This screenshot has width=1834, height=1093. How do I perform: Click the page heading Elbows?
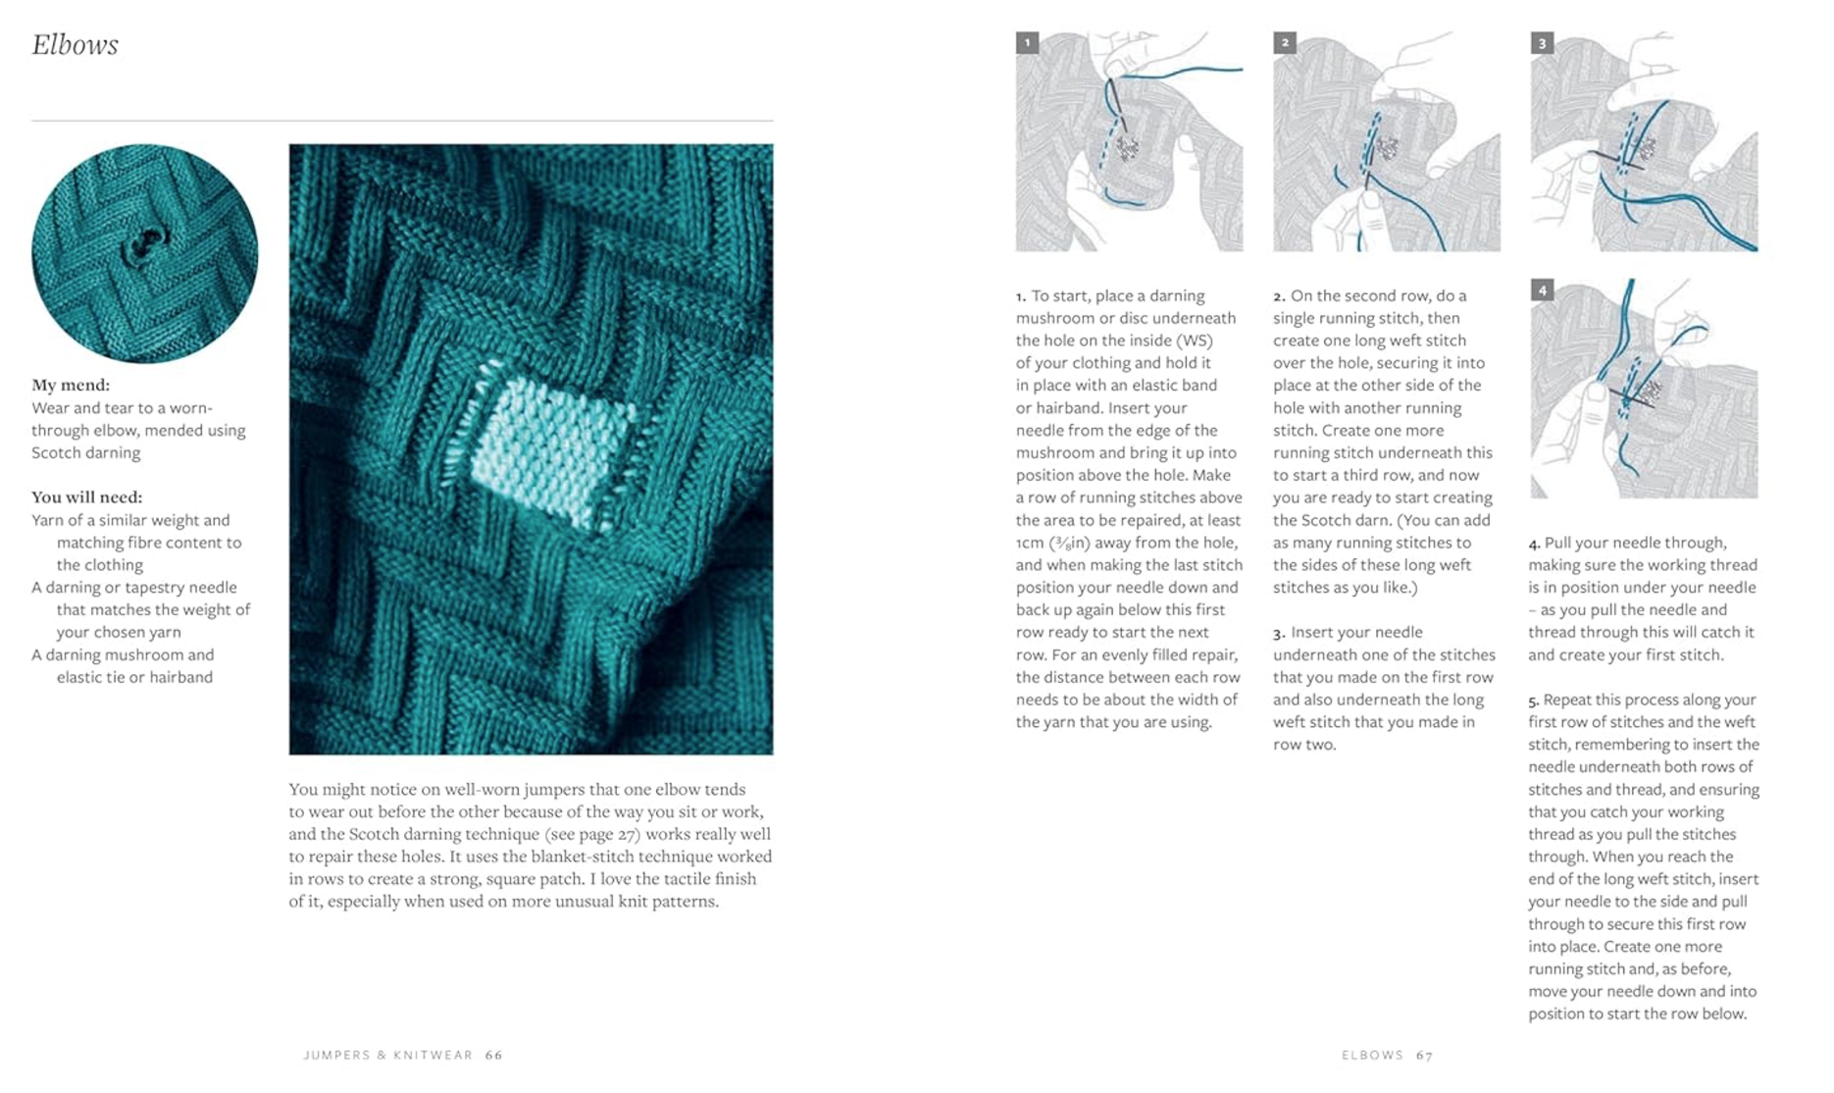pyautogui.click(x=75, y=45)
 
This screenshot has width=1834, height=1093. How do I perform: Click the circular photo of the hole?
pyautogui.click(x=144, y=253)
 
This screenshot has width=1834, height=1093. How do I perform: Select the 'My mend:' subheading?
pyautogui.click(x=71, y=385)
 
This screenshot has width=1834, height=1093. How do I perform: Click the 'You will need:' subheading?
pyautogui.click(x=86, y=496)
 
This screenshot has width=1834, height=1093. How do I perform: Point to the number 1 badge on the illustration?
pyautogui.click(x=1027, y=43)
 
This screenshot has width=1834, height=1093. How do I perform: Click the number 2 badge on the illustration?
pyautogui.click(x=1285, y=43)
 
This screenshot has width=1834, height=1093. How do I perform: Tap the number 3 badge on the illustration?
pyautogui.click(x=1542, y=43)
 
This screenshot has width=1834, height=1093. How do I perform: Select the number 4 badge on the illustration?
pyautogui.click(x=1542, y=290)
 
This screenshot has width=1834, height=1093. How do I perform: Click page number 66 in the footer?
pyautogui.click(x=494, y=1056)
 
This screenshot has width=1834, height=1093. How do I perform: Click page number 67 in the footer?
pyautogui.click(x=1424, y=1056)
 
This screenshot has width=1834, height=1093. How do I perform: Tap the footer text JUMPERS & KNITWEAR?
pyautogui.click(x=388, y=1056)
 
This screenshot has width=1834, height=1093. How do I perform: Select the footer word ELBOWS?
pyautogui.click(x=1372, y=1056)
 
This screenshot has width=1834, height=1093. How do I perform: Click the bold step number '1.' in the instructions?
pyautogui.click(x=1021, y=296)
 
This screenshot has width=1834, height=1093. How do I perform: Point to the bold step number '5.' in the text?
pyautogui.click(x=1534, y=701)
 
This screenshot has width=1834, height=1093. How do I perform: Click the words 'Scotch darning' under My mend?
pyautogui.click(x=86, y=452)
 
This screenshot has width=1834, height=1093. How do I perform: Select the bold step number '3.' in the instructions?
pyautogui.click(x=1279, y=633)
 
